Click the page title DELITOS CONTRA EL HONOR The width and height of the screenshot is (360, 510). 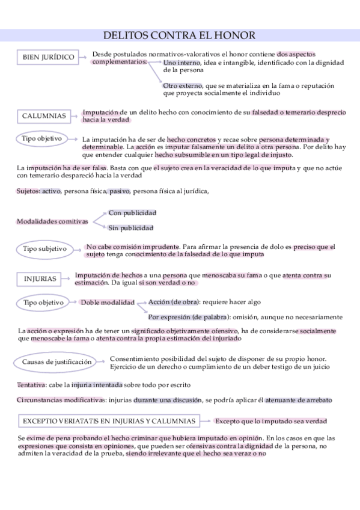tap(179, 35)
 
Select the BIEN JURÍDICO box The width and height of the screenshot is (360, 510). tap(49, 57)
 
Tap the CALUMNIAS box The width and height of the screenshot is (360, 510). tap(44, 115)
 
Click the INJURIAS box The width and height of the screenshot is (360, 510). tap(40, 278)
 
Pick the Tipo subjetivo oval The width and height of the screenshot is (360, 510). tap(44, 248)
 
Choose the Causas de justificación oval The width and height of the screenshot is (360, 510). tap(57, 362)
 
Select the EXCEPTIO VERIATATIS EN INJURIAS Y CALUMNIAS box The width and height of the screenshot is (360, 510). tap(109, 421)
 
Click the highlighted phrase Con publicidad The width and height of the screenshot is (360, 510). tap(132, 213)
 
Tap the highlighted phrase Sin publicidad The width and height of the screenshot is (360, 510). tap(130, 228)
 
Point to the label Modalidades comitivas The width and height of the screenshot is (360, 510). tap(52, 221)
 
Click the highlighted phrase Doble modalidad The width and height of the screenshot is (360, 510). tap(108, 303)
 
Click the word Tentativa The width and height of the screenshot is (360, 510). tap(31, 384)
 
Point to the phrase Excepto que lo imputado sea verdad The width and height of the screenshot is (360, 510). tap(270, 421)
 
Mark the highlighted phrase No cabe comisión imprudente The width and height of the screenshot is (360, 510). tap(133, 246)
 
